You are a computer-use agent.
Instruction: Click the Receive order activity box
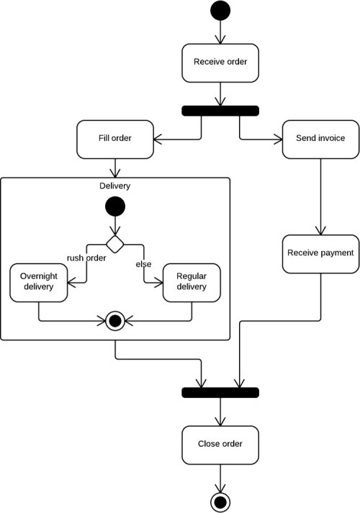(220, 63)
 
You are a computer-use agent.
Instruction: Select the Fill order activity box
(115, 140)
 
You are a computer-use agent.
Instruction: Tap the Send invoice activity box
(320, 140)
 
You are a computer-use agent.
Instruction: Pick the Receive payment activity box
(320, 254)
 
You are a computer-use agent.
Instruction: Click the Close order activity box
(220, 445)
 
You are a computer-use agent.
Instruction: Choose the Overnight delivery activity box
(39, 283)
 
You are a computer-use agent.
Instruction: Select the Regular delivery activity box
(192, 283)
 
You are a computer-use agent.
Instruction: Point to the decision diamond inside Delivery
(115, 244)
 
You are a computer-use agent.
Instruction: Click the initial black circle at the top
(220, 11)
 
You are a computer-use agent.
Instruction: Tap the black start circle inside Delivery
(115, 206)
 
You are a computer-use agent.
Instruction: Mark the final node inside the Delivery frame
(115, 321)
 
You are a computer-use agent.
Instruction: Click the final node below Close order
(220, 502)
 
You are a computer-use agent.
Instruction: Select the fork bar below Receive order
(220, 111)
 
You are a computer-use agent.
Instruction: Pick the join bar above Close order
(220, 393)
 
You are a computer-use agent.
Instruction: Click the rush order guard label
(86, 258)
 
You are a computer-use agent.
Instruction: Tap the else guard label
(144, 264)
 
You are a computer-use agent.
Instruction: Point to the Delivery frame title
(115, 186)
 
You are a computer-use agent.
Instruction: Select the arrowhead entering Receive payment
(320, 231)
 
